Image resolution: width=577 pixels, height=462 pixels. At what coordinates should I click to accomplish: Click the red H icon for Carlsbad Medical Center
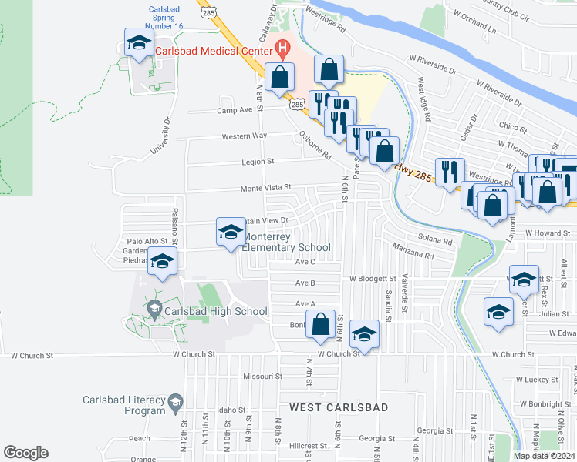pyautogui.click(x=283, y=50)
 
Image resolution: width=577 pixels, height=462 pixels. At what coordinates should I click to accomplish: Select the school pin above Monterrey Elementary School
pyautogui.click(x=231, y=233)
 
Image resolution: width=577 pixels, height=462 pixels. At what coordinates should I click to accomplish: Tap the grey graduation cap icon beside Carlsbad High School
pyautogui.click(x=154, y=311)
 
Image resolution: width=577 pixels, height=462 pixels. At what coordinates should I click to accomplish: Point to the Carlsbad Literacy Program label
pyautogui.click(x=124, y=405)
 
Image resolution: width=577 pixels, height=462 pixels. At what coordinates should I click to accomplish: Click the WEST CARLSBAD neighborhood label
pyautogui.click(x=338, y=406)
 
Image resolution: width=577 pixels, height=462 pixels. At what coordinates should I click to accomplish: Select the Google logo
pyautogui.click(x=26, y=453)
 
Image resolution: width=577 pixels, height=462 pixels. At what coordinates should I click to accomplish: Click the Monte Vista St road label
pyautogui.click(x=266, y=187)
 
